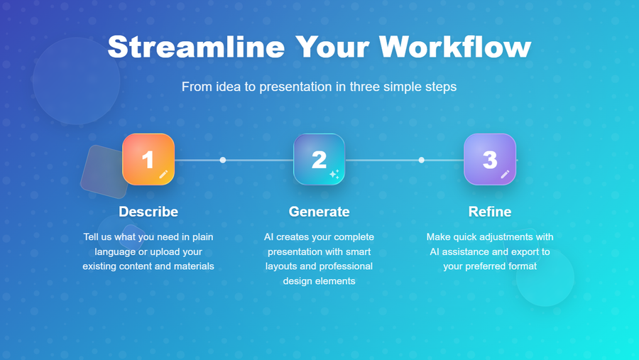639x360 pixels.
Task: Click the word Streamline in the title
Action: [x=197, y=47]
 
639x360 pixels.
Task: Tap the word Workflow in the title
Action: [x=455, y=47]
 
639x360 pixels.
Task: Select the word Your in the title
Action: [x=332, y=47]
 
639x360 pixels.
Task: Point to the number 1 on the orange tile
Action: [x=148, y=160]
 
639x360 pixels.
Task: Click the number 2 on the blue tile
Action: [x=319, y=160]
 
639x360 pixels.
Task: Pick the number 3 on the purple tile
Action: [x=490, y=160]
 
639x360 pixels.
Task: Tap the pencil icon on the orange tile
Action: [x=163, y=175]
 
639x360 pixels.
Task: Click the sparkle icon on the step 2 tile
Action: [x=334, y=174]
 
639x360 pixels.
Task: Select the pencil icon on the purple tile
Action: [x=505, y=175]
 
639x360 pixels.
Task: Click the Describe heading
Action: [x=148, y=212]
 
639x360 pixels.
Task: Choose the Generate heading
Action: [x=319, y=212]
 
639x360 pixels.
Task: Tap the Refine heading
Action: [x=490, y=212]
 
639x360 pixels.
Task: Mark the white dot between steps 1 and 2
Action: [x=222, y=160]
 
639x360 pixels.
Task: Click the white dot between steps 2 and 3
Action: [x=421, y=160]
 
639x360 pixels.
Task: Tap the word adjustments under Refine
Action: [x=503, y=237]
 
